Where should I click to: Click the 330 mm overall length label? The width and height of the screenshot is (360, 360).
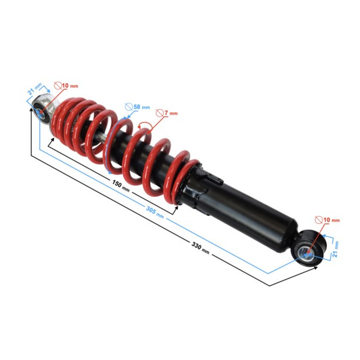[200, 248]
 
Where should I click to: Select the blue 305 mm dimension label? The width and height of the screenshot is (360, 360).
[155, 212]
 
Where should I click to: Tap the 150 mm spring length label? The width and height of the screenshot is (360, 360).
[121, 186]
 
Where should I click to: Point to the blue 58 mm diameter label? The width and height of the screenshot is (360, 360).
[142, 107]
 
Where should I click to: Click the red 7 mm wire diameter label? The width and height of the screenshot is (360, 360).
[171, 113]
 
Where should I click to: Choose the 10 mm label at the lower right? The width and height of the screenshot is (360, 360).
[331, 220]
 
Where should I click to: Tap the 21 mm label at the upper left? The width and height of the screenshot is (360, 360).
[35, 89]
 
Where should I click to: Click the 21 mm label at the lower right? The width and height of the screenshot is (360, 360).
[335, 249]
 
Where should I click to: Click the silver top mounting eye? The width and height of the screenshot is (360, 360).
[43, 109]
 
